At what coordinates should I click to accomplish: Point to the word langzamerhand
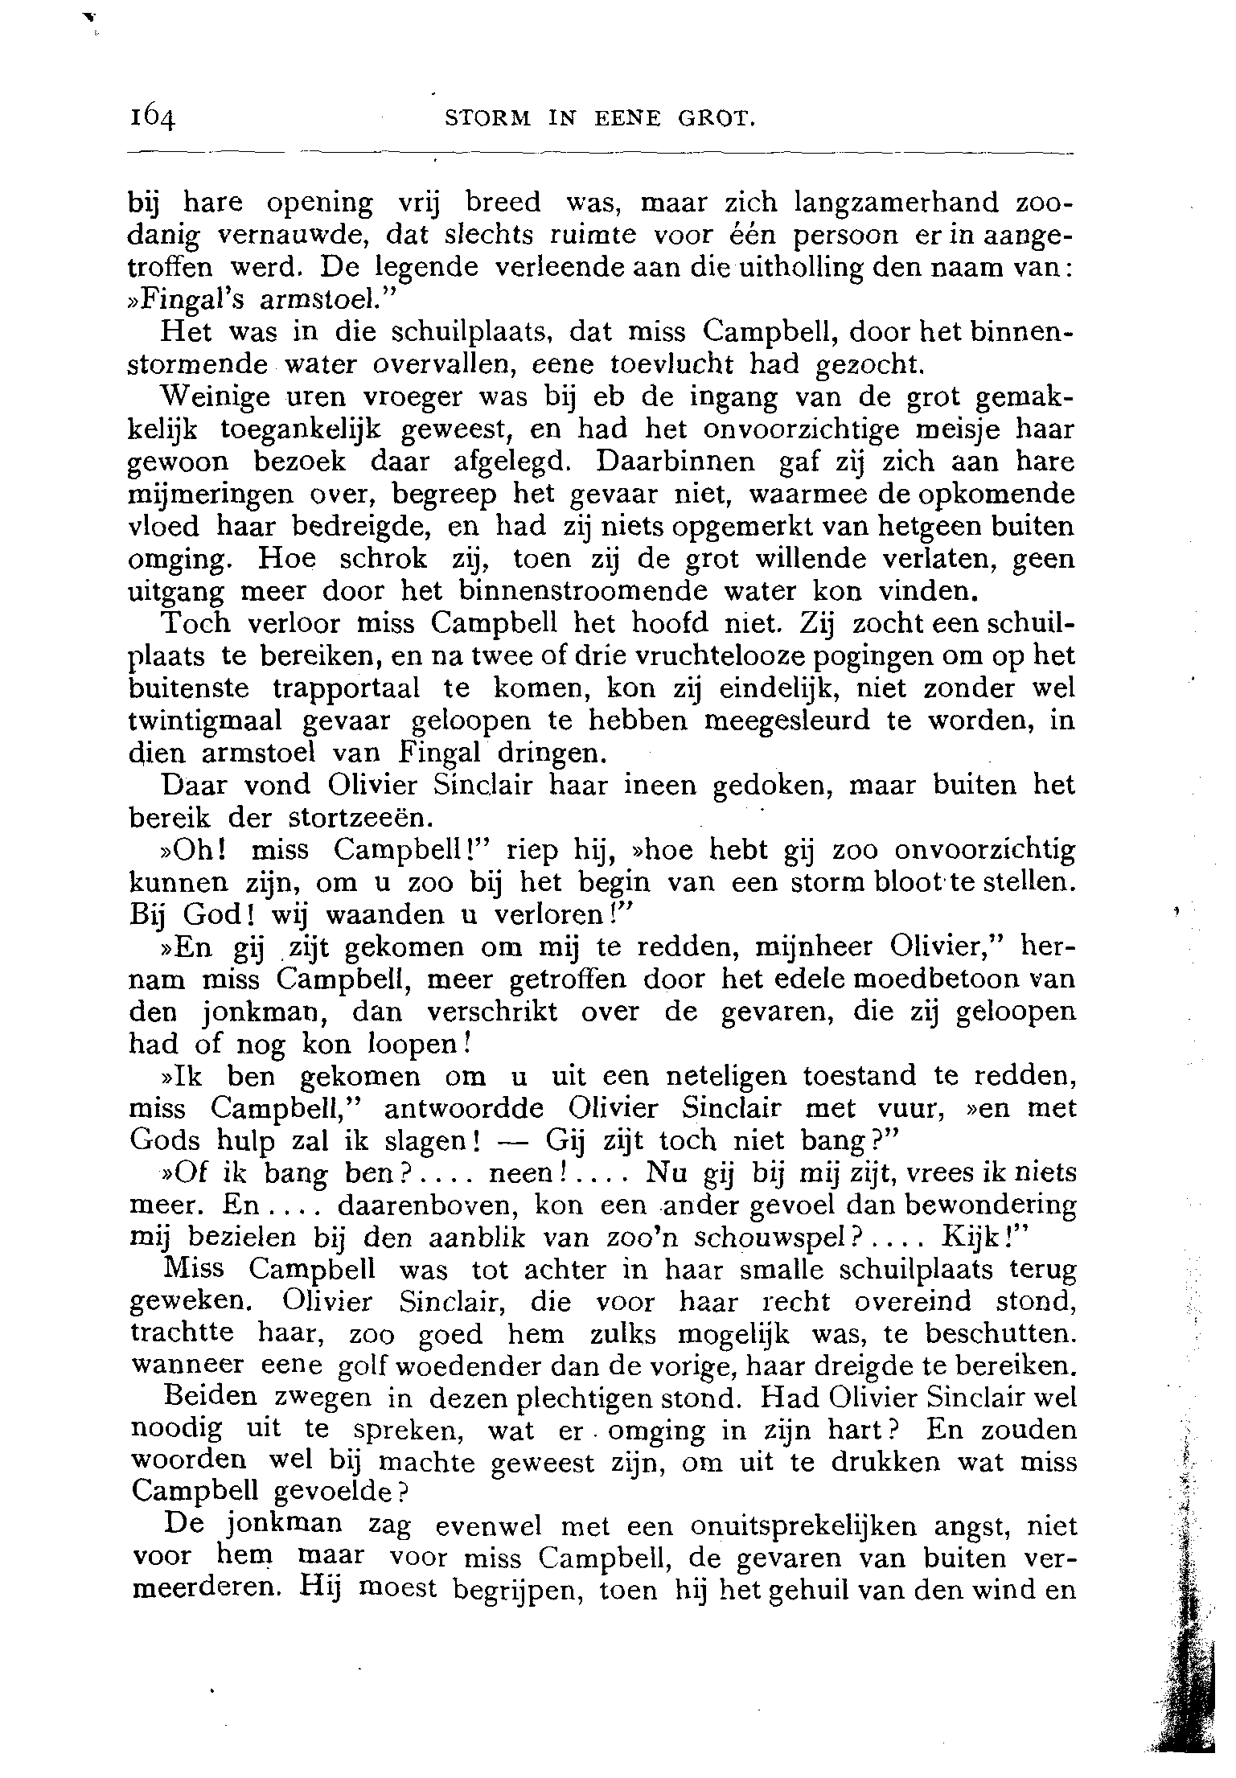909,202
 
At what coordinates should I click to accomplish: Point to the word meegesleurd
787,721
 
